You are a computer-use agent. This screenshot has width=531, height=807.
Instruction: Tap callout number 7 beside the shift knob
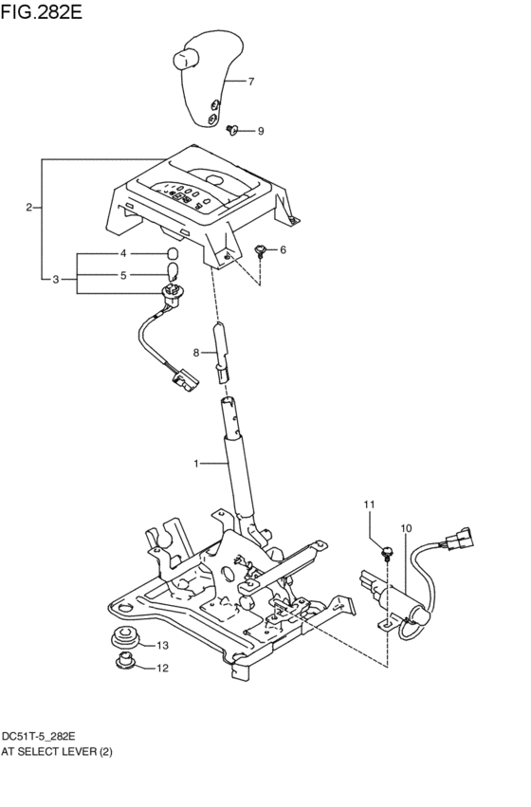tap(251, 83)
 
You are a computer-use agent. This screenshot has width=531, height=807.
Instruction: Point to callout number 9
tap(261, 131)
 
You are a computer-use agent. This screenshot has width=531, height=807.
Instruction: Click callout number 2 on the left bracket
tap(30, 207)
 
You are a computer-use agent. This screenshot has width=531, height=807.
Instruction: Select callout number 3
tap(56, 280)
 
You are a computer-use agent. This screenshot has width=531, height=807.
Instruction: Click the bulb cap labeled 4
tap(174, 254)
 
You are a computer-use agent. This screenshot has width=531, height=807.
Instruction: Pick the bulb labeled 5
tap(174, 276)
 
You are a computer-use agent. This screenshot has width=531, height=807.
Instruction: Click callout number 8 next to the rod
tap(196, 353)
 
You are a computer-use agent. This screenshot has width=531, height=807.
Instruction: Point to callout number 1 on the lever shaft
tap(195, 464)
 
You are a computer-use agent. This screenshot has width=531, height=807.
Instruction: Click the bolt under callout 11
tap(387, 551)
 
